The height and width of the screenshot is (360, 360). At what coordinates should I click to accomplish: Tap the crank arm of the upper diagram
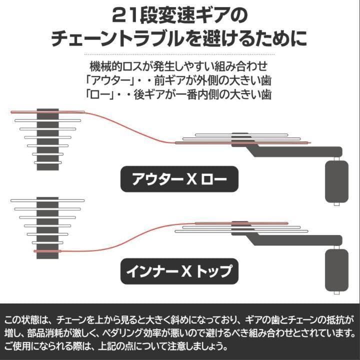pyautogui.click(x=295, y=149)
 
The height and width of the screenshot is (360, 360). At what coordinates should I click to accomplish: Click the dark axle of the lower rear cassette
pyautogui.click(x=48, y=227)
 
